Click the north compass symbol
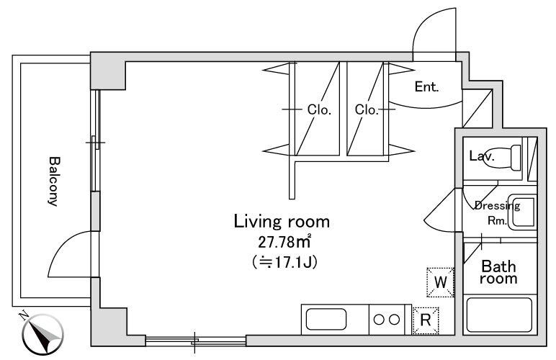tap(42, 333)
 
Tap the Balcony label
tap(53, 181)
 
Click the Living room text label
tap(282, 221)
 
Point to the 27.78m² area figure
tap(282, 243)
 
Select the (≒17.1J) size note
tap(282, 261)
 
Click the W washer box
tap(441, 282)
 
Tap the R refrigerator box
tap(425, 320)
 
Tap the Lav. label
tap(480, 156)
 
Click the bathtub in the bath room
tap(499, 315)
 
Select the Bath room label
tap(498, 272)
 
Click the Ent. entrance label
tap(426, 87)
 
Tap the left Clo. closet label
tap(319, 110)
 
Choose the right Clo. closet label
tap(367, 110)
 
